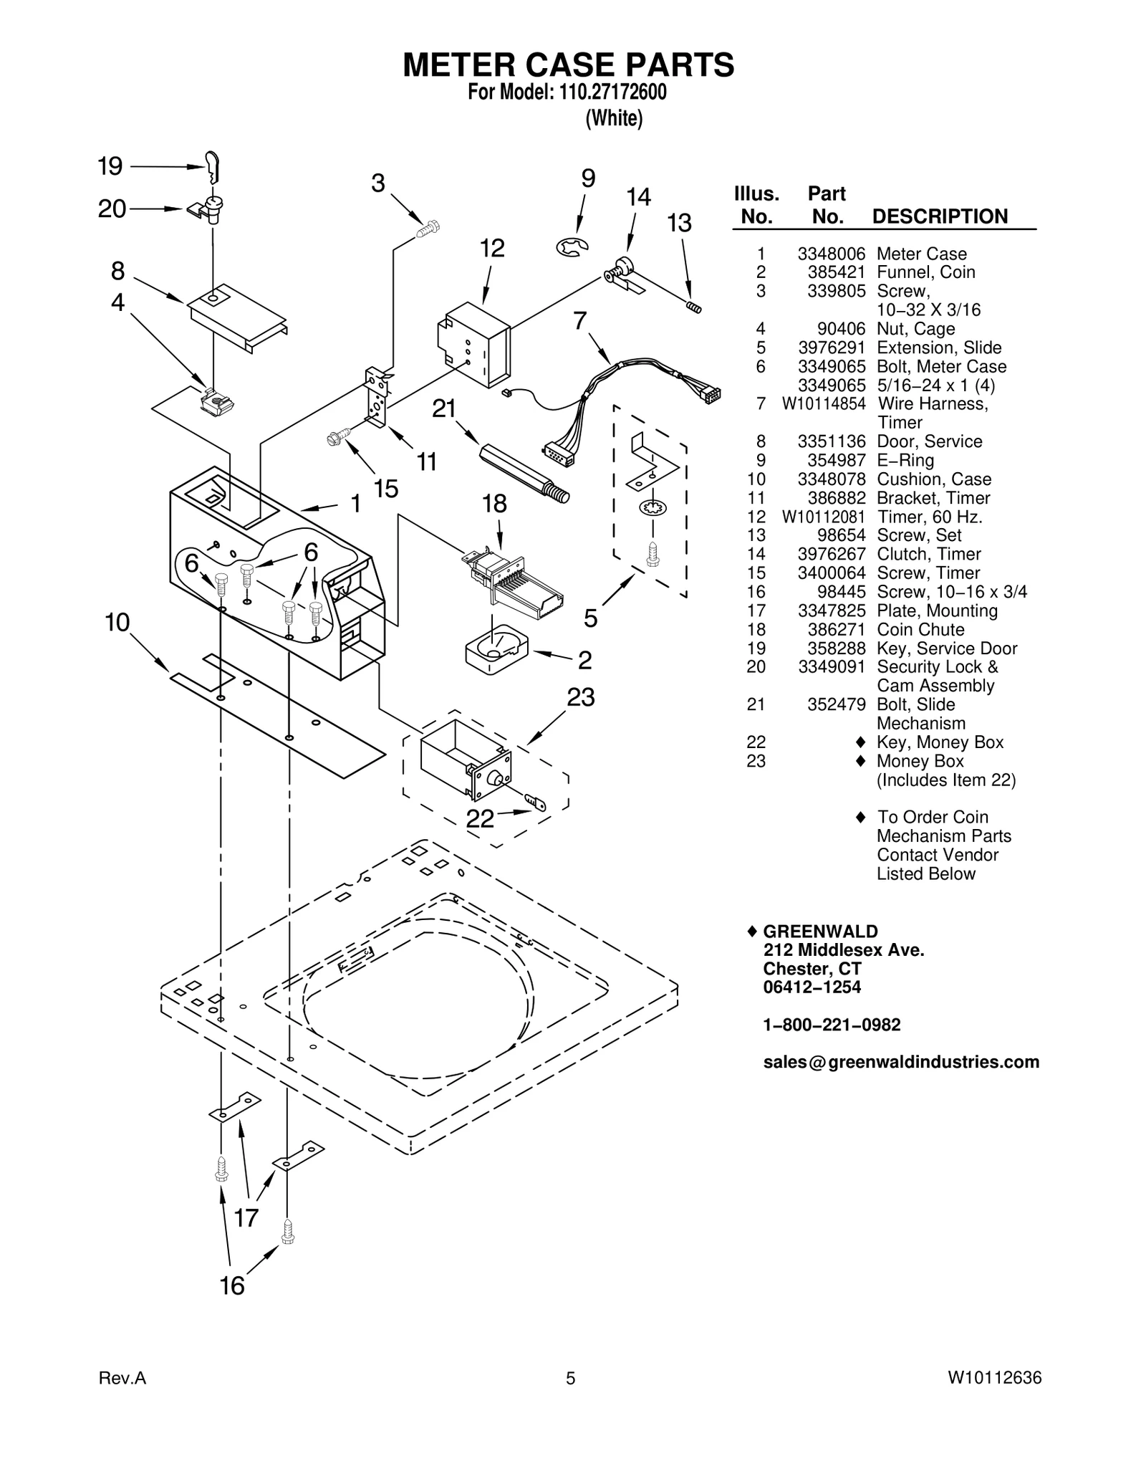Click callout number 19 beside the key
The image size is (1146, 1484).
pyautogui.click(x=110, y=167)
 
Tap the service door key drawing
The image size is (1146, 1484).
pyautogui.click(x=212, y=168)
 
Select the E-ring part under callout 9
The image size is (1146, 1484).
pyautogui.click(x=572, y=248)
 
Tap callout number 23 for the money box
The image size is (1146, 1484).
pyautogui.click(x=581, y=696)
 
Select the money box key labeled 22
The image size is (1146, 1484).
pyautogui.click(x=536, y=801)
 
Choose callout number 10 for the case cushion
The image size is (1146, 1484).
pyautogui.click(x=117, y=622)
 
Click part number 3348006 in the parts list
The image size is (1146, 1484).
pyautogui.click(x=832, y=254)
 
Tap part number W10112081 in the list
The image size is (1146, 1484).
pyautogui.click(x=824, y=517)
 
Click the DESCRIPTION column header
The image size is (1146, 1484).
pyautogui.click(x=940, y=216)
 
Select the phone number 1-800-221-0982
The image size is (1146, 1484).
pyautogui.click(x=832, y=1025)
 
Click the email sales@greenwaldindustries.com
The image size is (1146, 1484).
pyautogui.click(x=901, y=1062)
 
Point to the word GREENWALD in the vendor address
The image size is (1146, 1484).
pyautogui.click(x=820, y=931)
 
